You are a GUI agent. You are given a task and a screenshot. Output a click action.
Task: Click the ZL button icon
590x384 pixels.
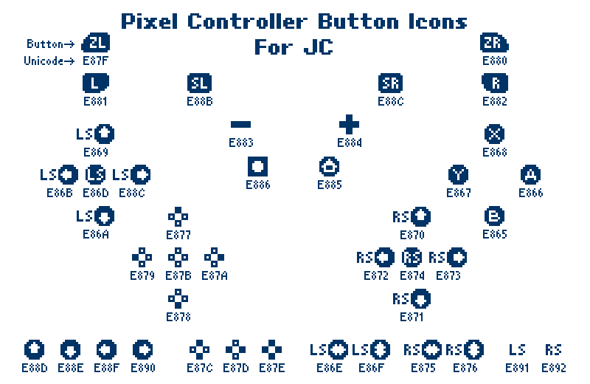96,44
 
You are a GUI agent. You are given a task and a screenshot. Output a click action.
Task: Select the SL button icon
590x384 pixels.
199,83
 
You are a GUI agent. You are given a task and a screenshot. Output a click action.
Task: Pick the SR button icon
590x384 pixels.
390,83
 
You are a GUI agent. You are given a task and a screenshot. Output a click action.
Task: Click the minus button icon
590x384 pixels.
240,125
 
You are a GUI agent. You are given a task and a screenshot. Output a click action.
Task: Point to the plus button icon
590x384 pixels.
349,124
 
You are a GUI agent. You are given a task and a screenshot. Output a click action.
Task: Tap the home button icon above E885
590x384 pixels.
329,166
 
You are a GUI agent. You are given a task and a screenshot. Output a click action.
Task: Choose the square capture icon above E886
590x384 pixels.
258,166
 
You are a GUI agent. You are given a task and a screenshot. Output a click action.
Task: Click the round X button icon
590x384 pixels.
494,134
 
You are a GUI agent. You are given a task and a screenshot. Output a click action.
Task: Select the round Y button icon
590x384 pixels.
458,175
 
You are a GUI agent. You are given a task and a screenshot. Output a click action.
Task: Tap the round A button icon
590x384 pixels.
530,175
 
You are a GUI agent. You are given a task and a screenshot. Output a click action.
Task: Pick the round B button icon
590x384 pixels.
494,216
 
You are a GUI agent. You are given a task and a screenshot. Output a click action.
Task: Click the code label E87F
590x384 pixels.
96,60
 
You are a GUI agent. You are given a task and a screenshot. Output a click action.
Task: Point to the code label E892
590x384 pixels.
553,368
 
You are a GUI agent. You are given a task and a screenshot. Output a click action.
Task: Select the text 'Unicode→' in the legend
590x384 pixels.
49,61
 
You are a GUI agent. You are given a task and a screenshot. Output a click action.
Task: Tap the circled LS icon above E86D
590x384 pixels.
96,175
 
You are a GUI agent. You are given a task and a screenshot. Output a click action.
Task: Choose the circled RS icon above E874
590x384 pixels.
412,258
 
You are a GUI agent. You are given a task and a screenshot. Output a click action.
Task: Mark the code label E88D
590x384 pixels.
34,368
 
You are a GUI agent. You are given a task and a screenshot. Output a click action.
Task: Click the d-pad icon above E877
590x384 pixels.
178,217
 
